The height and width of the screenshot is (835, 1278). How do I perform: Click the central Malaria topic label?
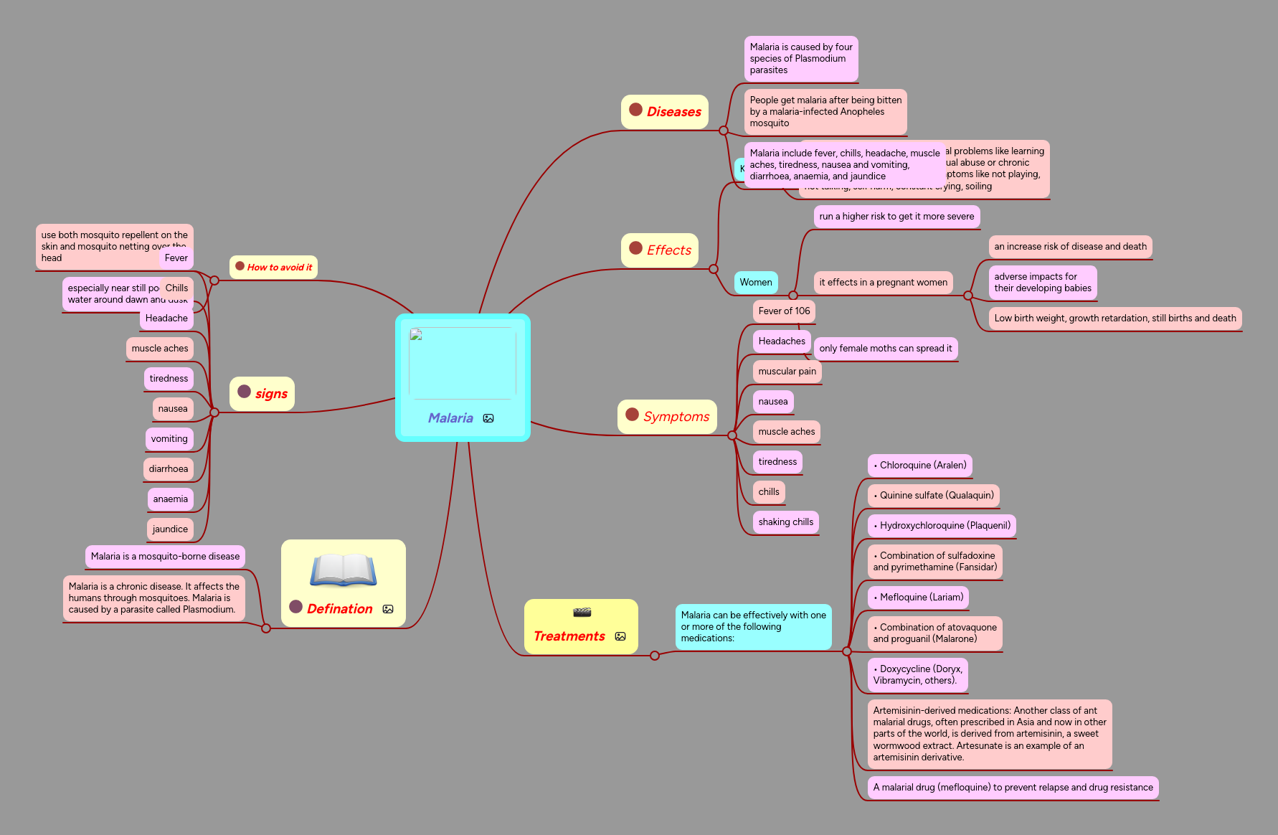450,418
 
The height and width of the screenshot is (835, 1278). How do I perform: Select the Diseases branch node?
666,111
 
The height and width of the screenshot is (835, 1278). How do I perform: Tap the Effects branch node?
661,250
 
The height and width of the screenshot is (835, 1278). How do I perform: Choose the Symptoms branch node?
668,417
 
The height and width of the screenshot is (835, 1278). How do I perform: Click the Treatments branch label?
569,636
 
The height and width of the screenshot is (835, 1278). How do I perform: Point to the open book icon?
343,571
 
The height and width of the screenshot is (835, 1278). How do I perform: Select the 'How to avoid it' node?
274,267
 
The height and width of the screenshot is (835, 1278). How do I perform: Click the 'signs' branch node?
262,393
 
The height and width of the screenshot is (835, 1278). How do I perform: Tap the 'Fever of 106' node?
784,311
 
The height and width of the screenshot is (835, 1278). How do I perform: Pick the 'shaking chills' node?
785,522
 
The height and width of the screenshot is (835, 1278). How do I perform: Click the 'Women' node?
756,282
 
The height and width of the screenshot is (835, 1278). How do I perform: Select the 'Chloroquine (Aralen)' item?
920,465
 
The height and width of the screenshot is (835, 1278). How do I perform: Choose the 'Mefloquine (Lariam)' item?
919,597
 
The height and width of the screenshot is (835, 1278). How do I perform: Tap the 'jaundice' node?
170,529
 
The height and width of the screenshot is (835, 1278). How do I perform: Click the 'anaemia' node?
170,499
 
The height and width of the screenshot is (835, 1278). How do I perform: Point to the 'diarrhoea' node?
169,468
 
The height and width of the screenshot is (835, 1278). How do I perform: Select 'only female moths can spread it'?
886,348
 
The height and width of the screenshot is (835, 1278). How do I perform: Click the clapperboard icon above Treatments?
582,612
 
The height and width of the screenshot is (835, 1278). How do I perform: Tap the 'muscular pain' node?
787,371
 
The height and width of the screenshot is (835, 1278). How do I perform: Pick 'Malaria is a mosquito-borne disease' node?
165,556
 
